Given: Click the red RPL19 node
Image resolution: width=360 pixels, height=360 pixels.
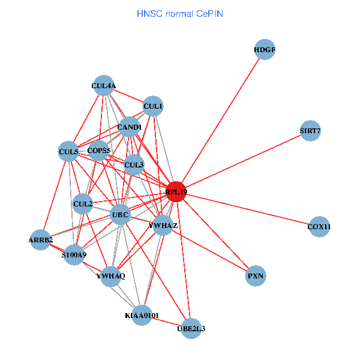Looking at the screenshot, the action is click(176, 192).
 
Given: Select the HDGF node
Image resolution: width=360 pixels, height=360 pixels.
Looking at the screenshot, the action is click(265, 50).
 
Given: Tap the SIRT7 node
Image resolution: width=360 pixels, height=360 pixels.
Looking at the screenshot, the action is click(310, 131).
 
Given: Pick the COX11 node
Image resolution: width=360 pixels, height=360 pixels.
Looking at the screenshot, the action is click(319, 226).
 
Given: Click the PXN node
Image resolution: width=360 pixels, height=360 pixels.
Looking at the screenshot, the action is click(256, 276).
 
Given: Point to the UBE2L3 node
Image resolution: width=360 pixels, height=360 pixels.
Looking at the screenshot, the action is click(191, 328).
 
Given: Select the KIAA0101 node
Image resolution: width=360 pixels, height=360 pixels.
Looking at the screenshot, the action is click(142, 315).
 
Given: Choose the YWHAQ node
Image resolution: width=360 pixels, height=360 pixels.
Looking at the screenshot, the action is click(111, 276).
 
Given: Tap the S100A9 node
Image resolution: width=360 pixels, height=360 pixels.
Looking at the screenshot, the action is click(74, 255).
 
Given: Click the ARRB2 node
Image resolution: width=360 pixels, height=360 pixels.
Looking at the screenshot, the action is click(41, 240).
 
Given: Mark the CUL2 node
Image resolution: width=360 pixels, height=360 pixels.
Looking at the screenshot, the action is click(83, 204).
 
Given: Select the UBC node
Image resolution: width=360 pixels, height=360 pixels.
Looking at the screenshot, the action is click(121, 214).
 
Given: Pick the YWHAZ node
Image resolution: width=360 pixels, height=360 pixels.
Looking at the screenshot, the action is click(163, 226).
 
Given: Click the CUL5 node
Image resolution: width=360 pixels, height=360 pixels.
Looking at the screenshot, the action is click(68, 152).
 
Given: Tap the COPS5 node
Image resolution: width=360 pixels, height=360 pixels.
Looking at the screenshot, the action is click(98, 151).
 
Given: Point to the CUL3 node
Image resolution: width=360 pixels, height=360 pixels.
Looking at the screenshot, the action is click(134, 164).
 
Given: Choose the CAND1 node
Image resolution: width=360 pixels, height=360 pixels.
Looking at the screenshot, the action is click(130, 127).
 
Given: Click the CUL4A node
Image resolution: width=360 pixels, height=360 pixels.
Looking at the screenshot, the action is click(104, 86).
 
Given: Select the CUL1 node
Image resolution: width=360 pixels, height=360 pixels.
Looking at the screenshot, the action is click(153, 107).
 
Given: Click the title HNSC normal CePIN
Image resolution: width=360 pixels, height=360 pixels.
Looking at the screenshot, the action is click(180, 13).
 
